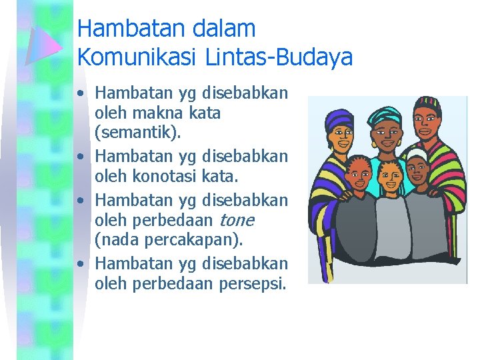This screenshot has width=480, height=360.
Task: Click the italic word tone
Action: pyautogui.click(x=236, y=220)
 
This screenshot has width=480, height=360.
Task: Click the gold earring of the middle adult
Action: pyautogui.click(x=401, y=142)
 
